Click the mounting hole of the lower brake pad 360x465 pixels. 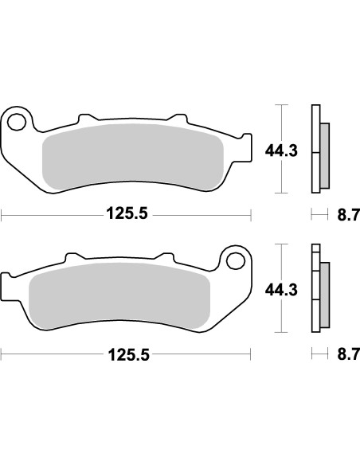[x=234, y=261]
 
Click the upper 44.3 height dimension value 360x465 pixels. [x=281, y=149]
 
